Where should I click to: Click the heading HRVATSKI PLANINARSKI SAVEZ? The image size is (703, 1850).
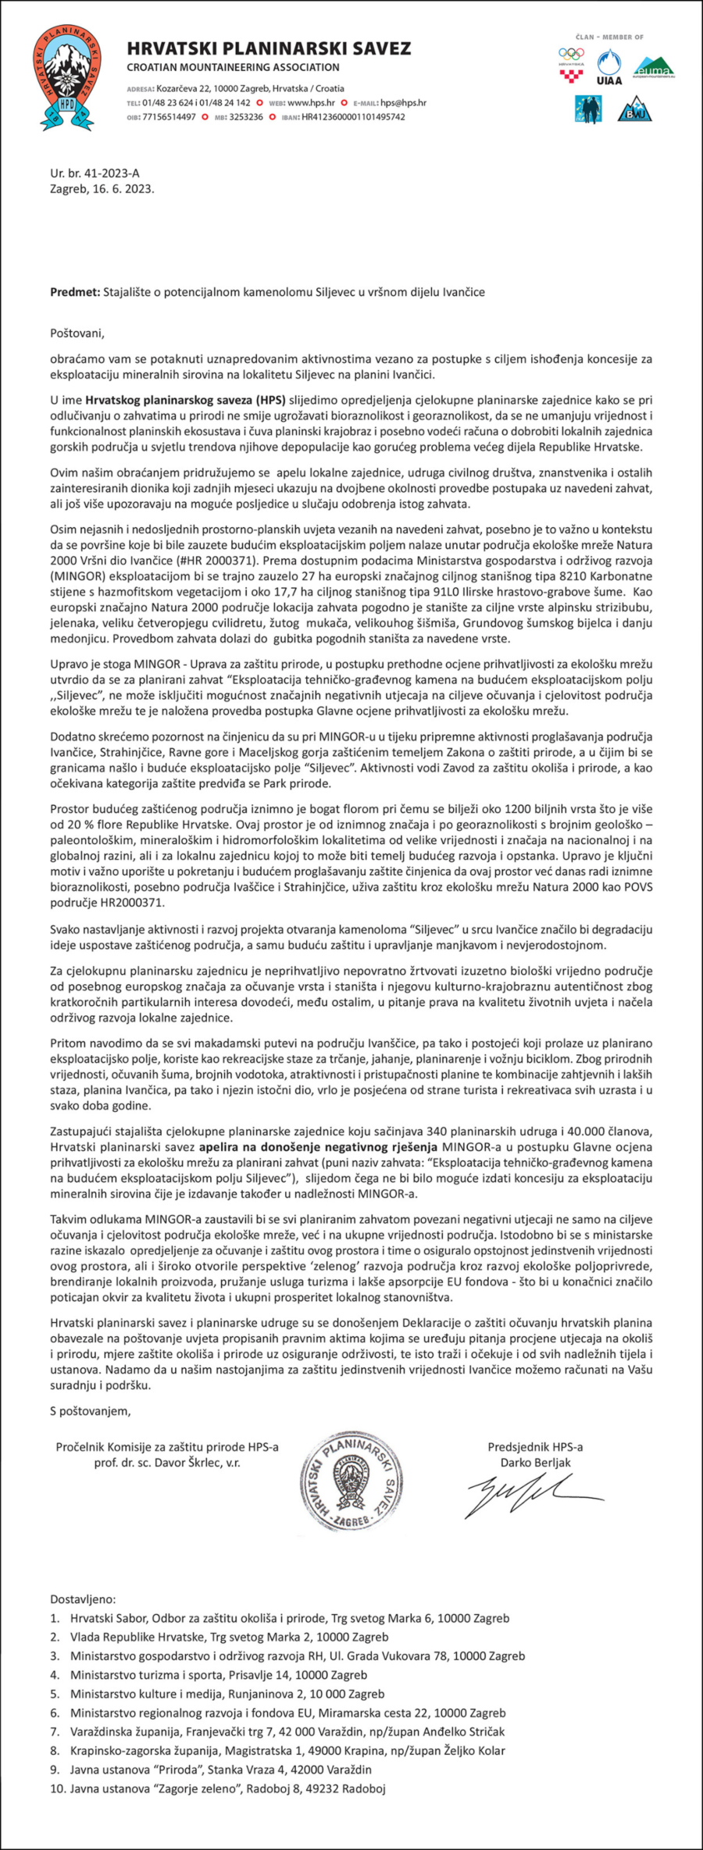pyautogui.click(x=269, y=48)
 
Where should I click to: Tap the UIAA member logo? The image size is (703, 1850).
pyautogui.click(x=608, y=67)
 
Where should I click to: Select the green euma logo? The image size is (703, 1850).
pyautogui.click(x=654, y=67)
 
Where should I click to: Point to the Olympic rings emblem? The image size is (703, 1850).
pyautogui.click(x=571, y=55)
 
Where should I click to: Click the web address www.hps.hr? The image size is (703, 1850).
pyautogui.click(x=311, y=103)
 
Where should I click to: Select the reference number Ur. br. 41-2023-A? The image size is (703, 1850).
pyautogui.click(x=95, y=173)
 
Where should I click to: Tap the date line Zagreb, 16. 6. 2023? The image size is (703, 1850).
pyautogui.click(x=102, y=189)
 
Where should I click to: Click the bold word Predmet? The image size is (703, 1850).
pyautogui.click(x=75, y=292)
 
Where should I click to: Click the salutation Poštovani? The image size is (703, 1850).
pyautogui.click(x=77, y=333)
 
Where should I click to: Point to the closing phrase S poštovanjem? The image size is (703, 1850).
pyautogui.click(x=91, y=1411)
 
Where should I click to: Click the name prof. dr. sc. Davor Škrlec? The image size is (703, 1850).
pyautogui.click(x=167, y=1463)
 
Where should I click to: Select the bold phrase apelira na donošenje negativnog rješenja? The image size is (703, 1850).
pyautogui.click(x=317, y=1147)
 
